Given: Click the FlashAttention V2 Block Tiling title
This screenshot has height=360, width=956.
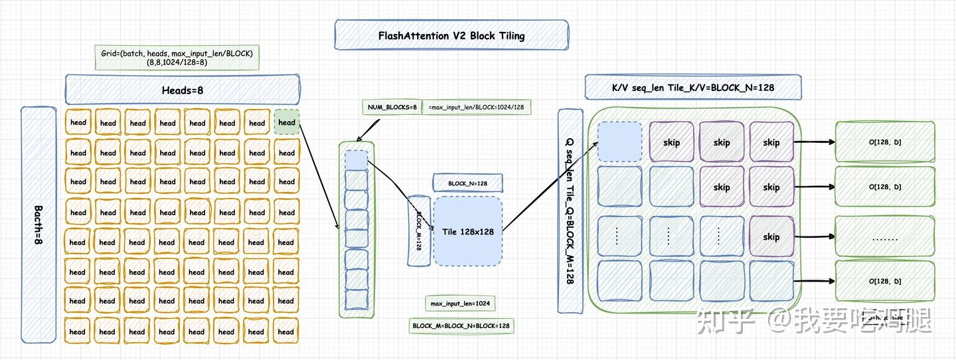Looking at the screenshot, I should [x=451, y=35].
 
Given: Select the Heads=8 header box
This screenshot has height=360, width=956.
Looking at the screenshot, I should [x=183, y=90].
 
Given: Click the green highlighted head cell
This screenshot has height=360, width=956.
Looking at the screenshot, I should [x=287, y=122].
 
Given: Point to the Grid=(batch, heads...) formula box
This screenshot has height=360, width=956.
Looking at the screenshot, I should [x=177, y=58].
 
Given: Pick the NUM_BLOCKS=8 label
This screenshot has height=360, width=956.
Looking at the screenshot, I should [x=392, y=107].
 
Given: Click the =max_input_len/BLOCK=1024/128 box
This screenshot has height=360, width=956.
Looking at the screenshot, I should [x=476, y=107].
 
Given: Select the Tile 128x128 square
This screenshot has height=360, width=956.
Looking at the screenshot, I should [x=468, y=231].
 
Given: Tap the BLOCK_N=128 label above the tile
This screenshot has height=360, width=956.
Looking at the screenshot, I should [x=467, y=183].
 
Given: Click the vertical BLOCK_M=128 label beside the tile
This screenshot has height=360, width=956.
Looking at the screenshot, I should [x=419, y=230].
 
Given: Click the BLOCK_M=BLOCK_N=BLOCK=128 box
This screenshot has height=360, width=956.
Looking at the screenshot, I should [x=461, y=325].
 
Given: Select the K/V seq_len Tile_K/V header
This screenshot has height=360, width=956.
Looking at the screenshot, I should [x=693, y=87].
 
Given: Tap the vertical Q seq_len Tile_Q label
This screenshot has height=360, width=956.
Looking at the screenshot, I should [x=570, y=211].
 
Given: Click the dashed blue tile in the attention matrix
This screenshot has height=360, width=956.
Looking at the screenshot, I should [x=619, y=141].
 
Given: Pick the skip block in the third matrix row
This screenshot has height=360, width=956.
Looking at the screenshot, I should [x=771, y=237].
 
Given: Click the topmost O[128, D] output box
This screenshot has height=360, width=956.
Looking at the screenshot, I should [x=885, y=141].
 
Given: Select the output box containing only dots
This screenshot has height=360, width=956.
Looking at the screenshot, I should [x=885, y=237].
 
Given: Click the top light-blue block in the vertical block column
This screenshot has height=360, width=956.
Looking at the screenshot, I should [x=357, y=160].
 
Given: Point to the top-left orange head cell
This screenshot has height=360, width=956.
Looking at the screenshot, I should [x=78, y=122].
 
